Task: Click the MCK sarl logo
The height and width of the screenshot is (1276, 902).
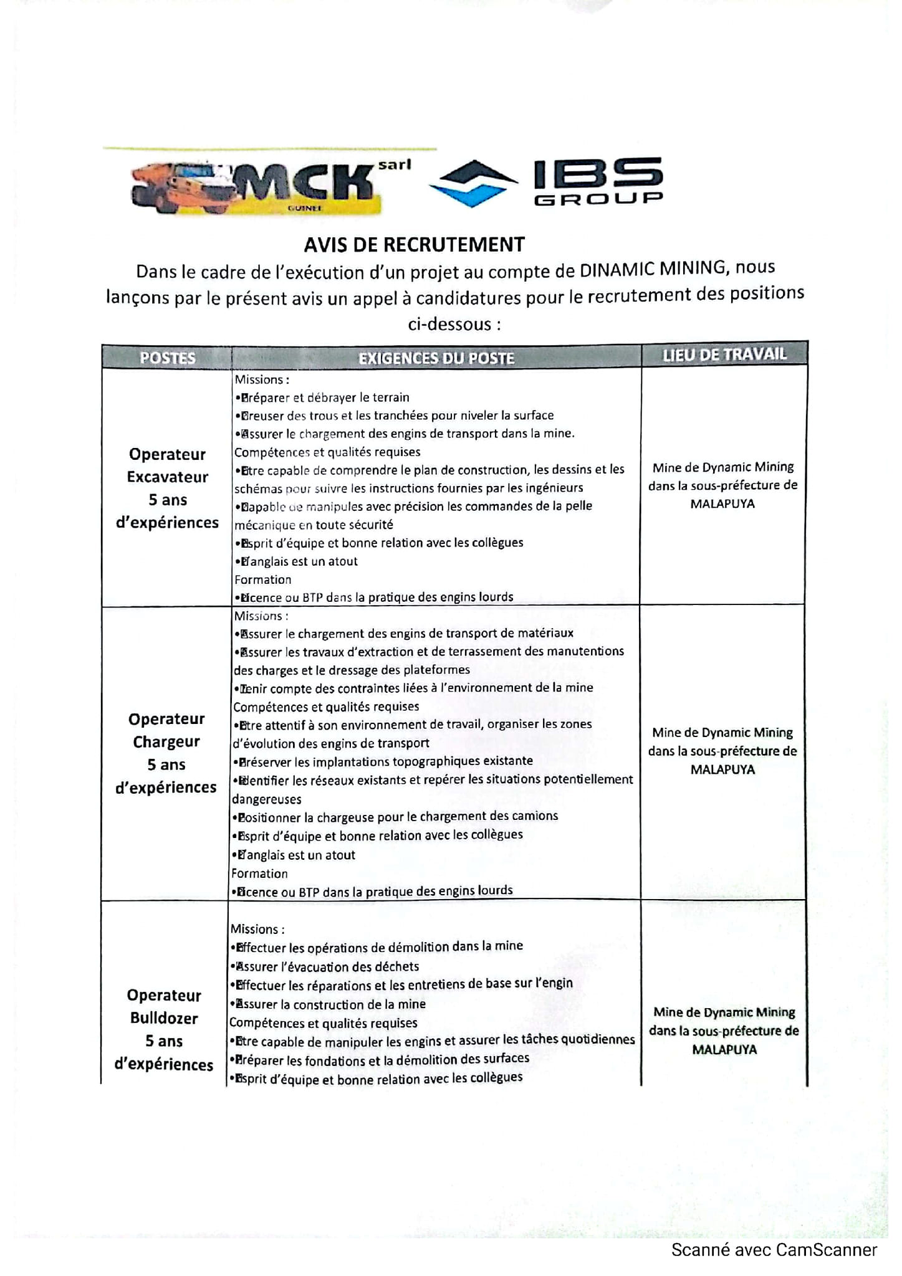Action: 268,187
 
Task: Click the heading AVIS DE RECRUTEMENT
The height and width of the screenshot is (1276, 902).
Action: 414,245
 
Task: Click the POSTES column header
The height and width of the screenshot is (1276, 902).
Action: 167,358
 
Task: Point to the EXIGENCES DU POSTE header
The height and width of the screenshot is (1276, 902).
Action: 436,358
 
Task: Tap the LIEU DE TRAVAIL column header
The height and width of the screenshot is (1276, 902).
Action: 724,355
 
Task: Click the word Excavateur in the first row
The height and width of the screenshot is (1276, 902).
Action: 167,477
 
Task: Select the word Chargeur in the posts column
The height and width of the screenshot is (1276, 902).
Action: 166,742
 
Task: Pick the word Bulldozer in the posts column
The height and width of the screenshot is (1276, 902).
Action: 164,1018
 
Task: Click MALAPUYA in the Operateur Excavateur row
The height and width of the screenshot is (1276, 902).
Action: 722,503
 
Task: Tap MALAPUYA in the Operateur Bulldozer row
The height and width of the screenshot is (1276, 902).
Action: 724,1049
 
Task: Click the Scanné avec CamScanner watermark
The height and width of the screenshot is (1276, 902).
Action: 774,1250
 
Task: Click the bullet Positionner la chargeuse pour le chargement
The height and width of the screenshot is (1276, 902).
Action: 396,817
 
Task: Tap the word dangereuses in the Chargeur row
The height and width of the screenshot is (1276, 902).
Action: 267,799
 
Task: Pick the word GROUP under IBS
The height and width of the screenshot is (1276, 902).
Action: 598,199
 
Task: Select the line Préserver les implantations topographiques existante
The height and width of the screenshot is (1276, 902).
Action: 384,761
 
